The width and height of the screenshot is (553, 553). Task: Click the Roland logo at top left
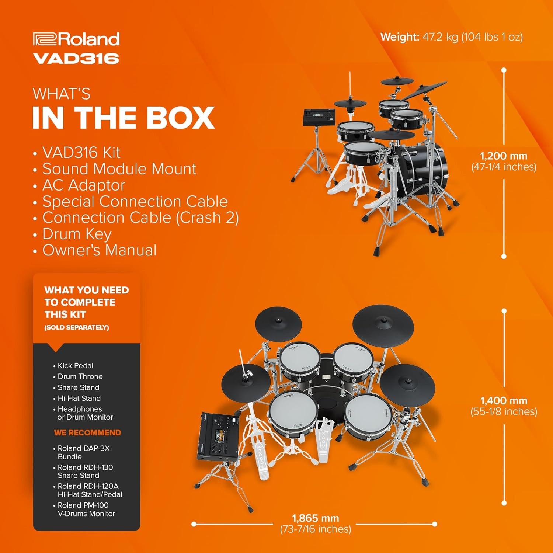coord(76,39)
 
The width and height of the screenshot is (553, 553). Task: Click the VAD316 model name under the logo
coord(76,59)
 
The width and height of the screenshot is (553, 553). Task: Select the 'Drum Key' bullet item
coord(77,234)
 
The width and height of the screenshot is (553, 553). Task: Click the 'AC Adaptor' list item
coord(84,185)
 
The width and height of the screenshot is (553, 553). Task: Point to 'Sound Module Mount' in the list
coord(119,169)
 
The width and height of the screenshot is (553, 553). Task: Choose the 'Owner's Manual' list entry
coord(99,250)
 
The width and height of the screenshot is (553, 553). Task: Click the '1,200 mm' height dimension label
coord(504,156)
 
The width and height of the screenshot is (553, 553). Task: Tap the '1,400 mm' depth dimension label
coord(504,401)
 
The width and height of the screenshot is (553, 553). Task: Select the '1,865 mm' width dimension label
coord(316,518)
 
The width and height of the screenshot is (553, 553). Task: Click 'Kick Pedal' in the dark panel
coord(75,366)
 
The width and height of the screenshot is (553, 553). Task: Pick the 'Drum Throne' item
coord(80,376)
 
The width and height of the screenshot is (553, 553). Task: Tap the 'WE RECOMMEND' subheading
coord(87,433)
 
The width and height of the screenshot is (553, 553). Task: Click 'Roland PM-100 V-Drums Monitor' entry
coord(86,509)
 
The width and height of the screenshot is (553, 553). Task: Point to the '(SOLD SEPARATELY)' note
coord(77,327)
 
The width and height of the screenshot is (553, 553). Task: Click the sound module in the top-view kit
coord(219,437)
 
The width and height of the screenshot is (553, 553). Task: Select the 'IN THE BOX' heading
coord(124,118)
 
